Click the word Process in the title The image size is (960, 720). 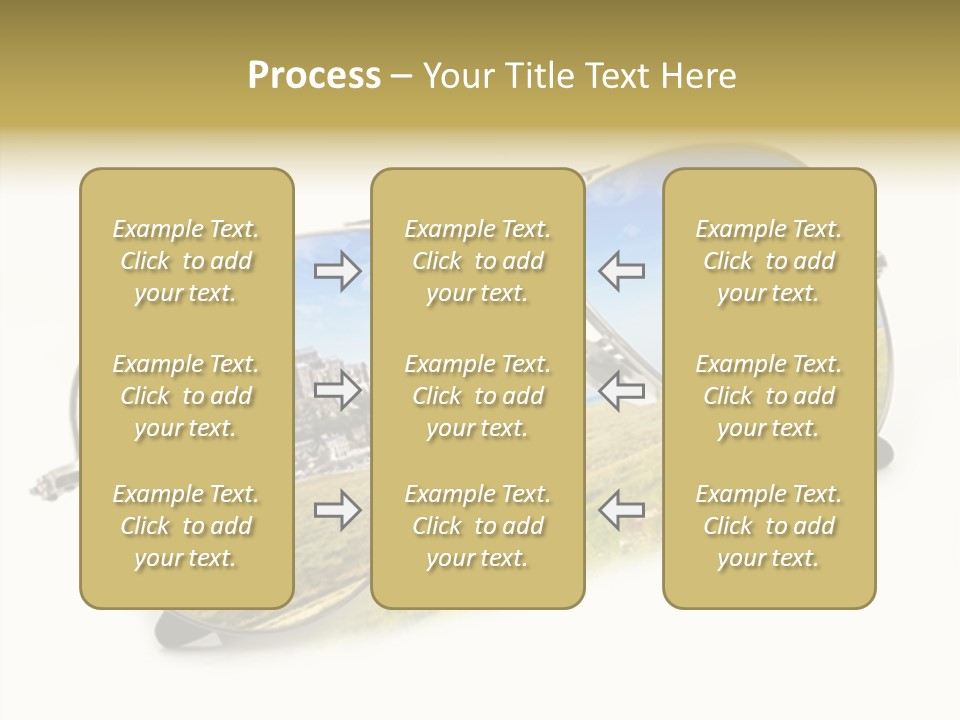[314, 76]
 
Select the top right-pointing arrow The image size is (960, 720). [338, 271]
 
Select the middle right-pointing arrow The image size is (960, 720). [338, 391]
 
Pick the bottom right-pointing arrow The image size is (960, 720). [338, 511]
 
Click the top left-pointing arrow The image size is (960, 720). [622, 271]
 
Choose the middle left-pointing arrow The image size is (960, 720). [622, 391]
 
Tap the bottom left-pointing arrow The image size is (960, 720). [622, 511]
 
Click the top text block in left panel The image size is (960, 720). [186, 261]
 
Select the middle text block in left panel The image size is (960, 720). [186, 396]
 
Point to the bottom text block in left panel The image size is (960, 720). [186, 526]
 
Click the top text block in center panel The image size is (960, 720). [477, 261]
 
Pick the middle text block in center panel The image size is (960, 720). [477, 396]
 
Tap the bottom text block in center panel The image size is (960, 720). [477, 526]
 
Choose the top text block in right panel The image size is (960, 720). [769, 261]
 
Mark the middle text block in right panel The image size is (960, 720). [769, 396]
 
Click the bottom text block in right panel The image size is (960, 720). [769, 526]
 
